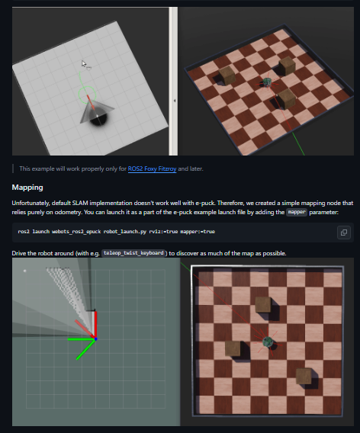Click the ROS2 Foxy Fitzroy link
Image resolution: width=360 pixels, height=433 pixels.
(152, 168)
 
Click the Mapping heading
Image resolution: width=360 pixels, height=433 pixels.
(27, 188)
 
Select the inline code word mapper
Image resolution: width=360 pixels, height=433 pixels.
(297, 212)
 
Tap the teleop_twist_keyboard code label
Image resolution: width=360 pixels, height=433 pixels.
(133, 253)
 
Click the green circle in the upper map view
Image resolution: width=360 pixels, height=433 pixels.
(87, 95)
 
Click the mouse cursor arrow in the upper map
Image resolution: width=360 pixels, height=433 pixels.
(84, 64)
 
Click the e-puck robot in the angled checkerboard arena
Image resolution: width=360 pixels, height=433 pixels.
(267, 82)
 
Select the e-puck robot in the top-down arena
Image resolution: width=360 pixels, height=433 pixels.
(268, 342)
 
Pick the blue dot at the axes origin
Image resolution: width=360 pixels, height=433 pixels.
(96, 339)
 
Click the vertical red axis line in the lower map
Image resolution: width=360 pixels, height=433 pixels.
(96, 325)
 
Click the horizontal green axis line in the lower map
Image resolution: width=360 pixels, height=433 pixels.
(81, 339)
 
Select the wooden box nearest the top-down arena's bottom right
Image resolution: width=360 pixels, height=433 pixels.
(304, 376)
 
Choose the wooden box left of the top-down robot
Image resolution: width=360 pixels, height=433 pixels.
(233, 348)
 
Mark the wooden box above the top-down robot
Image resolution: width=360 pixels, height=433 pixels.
(263, 305)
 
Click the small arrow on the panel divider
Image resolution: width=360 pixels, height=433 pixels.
(175, 101)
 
